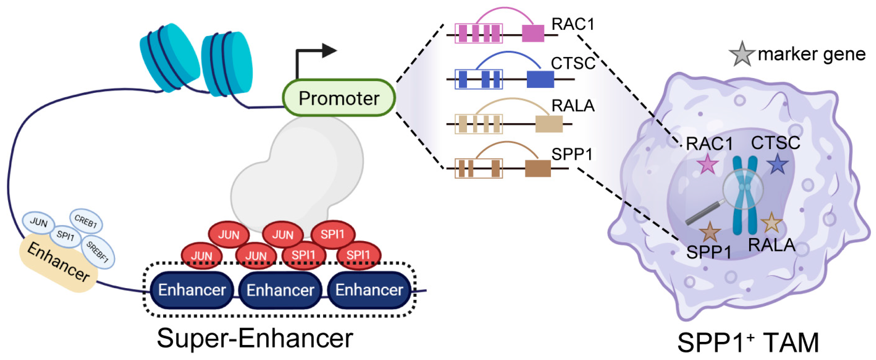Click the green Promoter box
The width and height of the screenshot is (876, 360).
click(x=339, y=98)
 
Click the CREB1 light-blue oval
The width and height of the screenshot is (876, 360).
click(x=86, y=221)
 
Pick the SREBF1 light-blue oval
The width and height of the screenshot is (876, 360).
click(x=98, y=251)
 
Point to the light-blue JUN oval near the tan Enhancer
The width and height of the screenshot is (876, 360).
click(x=38, y=222)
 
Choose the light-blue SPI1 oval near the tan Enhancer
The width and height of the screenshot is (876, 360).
click(x=65, y=236)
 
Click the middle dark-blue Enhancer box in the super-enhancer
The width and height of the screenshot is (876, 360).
click(x=280, y=290)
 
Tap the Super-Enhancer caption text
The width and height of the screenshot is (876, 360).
click(x=255, y=338)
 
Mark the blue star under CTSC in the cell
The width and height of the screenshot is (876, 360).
click(x=778, y=164)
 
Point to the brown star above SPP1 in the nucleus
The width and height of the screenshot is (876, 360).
click(x=710, y=232)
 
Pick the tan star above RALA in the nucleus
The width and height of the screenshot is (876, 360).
click(x=771, y=223)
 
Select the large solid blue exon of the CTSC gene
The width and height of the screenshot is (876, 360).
click(x=540, y=79)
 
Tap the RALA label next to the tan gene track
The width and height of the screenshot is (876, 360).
click(x=573, y=106)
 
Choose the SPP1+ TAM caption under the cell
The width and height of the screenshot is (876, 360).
click(x=748, y=343)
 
